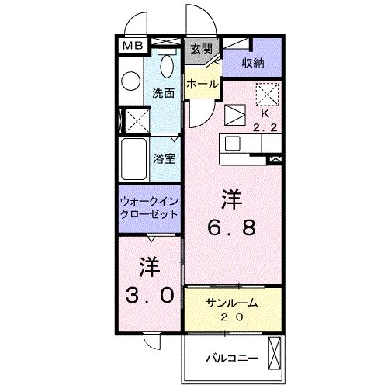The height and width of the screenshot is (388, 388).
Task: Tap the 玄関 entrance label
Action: click(200, 49)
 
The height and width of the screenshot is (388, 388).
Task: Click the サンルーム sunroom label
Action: click(230, 303)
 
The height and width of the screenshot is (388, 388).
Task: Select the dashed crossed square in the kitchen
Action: click(267, 93)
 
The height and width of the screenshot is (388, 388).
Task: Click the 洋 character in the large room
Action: click(230, 199)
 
